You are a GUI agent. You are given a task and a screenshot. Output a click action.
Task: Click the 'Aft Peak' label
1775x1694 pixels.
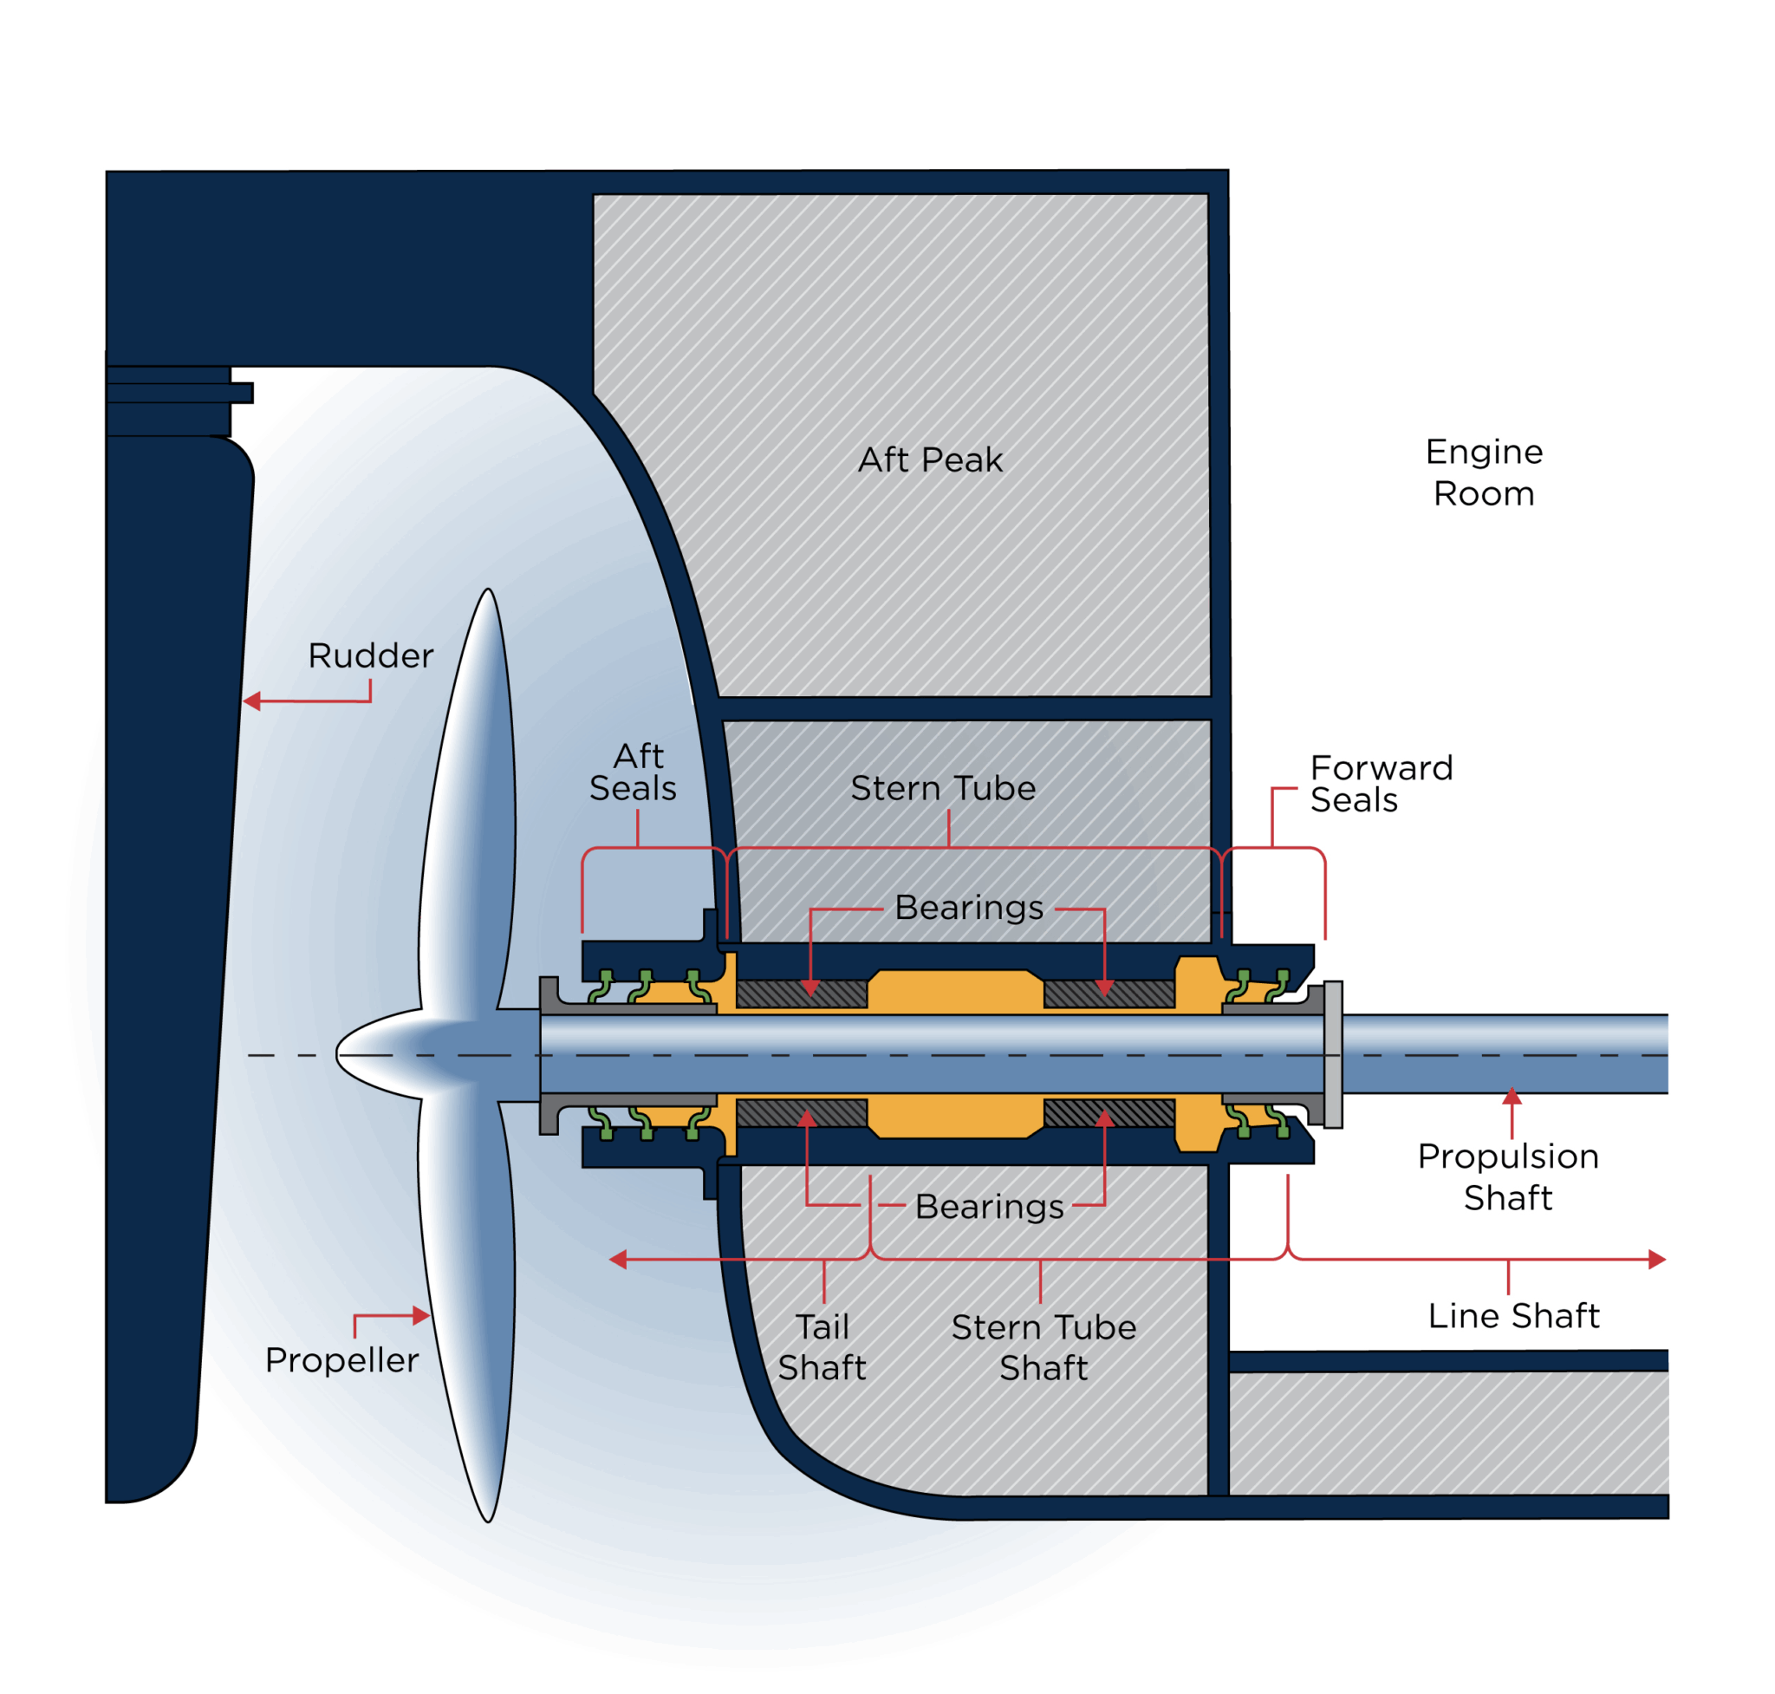930,459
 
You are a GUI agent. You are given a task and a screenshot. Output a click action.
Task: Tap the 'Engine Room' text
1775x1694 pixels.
1484,472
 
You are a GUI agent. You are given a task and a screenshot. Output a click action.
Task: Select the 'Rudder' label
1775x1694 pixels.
370,655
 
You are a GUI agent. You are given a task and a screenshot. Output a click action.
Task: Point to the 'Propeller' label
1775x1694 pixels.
341,1360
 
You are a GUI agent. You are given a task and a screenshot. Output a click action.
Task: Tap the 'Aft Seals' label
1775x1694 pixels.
634,772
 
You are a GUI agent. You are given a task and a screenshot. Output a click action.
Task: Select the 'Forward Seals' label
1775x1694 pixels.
1380,784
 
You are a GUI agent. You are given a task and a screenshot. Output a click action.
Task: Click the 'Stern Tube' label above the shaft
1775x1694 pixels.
943,788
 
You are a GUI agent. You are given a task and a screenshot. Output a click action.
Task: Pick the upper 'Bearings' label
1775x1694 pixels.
969,908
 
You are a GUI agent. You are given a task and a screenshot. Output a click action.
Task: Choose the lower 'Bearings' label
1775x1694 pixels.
989,1207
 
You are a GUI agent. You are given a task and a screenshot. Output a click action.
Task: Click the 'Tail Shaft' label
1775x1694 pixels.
822,1347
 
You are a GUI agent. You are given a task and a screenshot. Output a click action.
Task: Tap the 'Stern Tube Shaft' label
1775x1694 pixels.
1044,1347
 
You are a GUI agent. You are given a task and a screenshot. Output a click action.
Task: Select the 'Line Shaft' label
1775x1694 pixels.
1513,1316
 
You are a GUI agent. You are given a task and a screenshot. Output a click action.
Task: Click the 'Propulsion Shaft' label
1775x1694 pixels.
1508,1176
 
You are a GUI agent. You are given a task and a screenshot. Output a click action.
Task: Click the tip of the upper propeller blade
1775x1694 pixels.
489,592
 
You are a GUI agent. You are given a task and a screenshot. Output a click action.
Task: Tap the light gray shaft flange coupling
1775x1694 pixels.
1333,1054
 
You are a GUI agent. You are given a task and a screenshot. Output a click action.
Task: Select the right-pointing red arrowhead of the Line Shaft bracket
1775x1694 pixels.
1657,1260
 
